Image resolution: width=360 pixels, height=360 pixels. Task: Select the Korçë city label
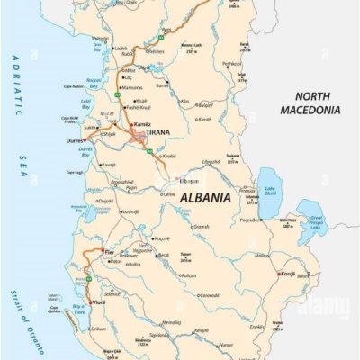[x=288, y=274]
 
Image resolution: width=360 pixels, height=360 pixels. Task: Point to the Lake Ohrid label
[x=269, y=191]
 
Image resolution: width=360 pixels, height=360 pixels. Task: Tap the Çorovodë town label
[x=209, y=294]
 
